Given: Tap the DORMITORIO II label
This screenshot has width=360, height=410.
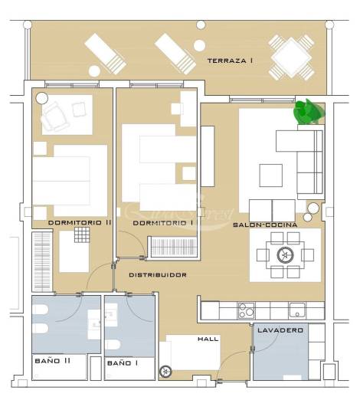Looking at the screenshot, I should pyautogui.click(x=80, y=223).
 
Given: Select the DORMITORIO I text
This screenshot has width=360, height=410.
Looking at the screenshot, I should pyautogui.click(x=162, y=223).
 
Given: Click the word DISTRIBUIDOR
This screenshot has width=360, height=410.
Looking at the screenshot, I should pyautogui.click(x=158, y=274).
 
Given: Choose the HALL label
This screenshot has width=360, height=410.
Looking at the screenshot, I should pyautogui.click(x=208, y=338).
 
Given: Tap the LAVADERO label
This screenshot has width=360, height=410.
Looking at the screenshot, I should pyautogui.click(x=280, y=330).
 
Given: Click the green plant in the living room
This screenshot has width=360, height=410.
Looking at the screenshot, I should pyautogui.click(x=308, y=113).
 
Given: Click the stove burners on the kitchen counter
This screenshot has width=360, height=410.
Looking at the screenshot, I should pyautogui.click(x=247, y=310).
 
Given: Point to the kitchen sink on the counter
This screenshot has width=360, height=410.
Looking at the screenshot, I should pyautogui.click(x=296, y=310).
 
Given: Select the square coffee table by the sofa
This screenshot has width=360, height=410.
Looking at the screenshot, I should pyautogui.click(x=270, y=175).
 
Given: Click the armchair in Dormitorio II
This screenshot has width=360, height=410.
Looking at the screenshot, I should pyautogui.click(x=55, y=117).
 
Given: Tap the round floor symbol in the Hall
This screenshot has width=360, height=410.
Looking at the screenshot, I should pyautogui.click(x=163, y=373).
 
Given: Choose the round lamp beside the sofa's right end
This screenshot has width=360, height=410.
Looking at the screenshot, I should pyautogui.click(x=313, y=208).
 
